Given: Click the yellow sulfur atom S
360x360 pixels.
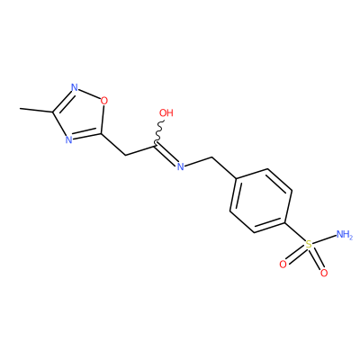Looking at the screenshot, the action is (x=308, y=244).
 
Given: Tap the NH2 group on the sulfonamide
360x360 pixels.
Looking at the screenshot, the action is (x=345, y=234).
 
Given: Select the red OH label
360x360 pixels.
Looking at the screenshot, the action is (x=166, y=112).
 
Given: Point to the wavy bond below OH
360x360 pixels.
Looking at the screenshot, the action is (x=159, y=131).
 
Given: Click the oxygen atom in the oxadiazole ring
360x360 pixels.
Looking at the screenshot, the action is (x=103, y=101).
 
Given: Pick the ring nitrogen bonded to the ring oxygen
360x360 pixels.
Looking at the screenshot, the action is (x=75, y=88).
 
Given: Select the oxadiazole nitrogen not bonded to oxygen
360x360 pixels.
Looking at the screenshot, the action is (x=68, y=139).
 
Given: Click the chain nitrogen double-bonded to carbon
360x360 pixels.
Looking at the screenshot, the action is (x=180, y=166).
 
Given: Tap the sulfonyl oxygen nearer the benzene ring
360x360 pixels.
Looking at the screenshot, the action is (x=283, y=265).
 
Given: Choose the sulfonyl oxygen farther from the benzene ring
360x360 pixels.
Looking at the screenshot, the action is (x=324, y=273).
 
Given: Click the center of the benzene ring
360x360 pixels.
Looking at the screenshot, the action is (x=261, y=201).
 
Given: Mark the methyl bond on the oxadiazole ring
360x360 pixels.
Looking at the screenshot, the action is (x=36, y=110).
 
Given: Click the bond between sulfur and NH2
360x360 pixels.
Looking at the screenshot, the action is (x=324, y=239).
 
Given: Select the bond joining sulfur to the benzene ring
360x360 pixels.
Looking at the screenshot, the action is (x=294, y=231).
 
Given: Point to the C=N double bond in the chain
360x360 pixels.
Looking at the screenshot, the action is (x=166, y=155).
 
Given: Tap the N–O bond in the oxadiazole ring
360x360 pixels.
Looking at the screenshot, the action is (x=89, y=94).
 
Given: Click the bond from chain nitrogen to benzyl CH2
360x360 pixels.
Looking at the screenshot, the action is (x=198, y=161).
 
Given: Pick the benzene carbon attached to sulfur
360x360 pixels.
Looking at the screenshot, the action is (x=284, y=222).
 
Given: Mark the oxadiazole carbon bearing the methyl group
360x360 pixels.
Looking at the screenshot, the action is (x=53, y=112).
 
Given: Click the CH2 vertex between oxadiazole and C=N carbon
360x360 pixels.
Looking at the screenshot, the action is (x=125, y=155).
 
